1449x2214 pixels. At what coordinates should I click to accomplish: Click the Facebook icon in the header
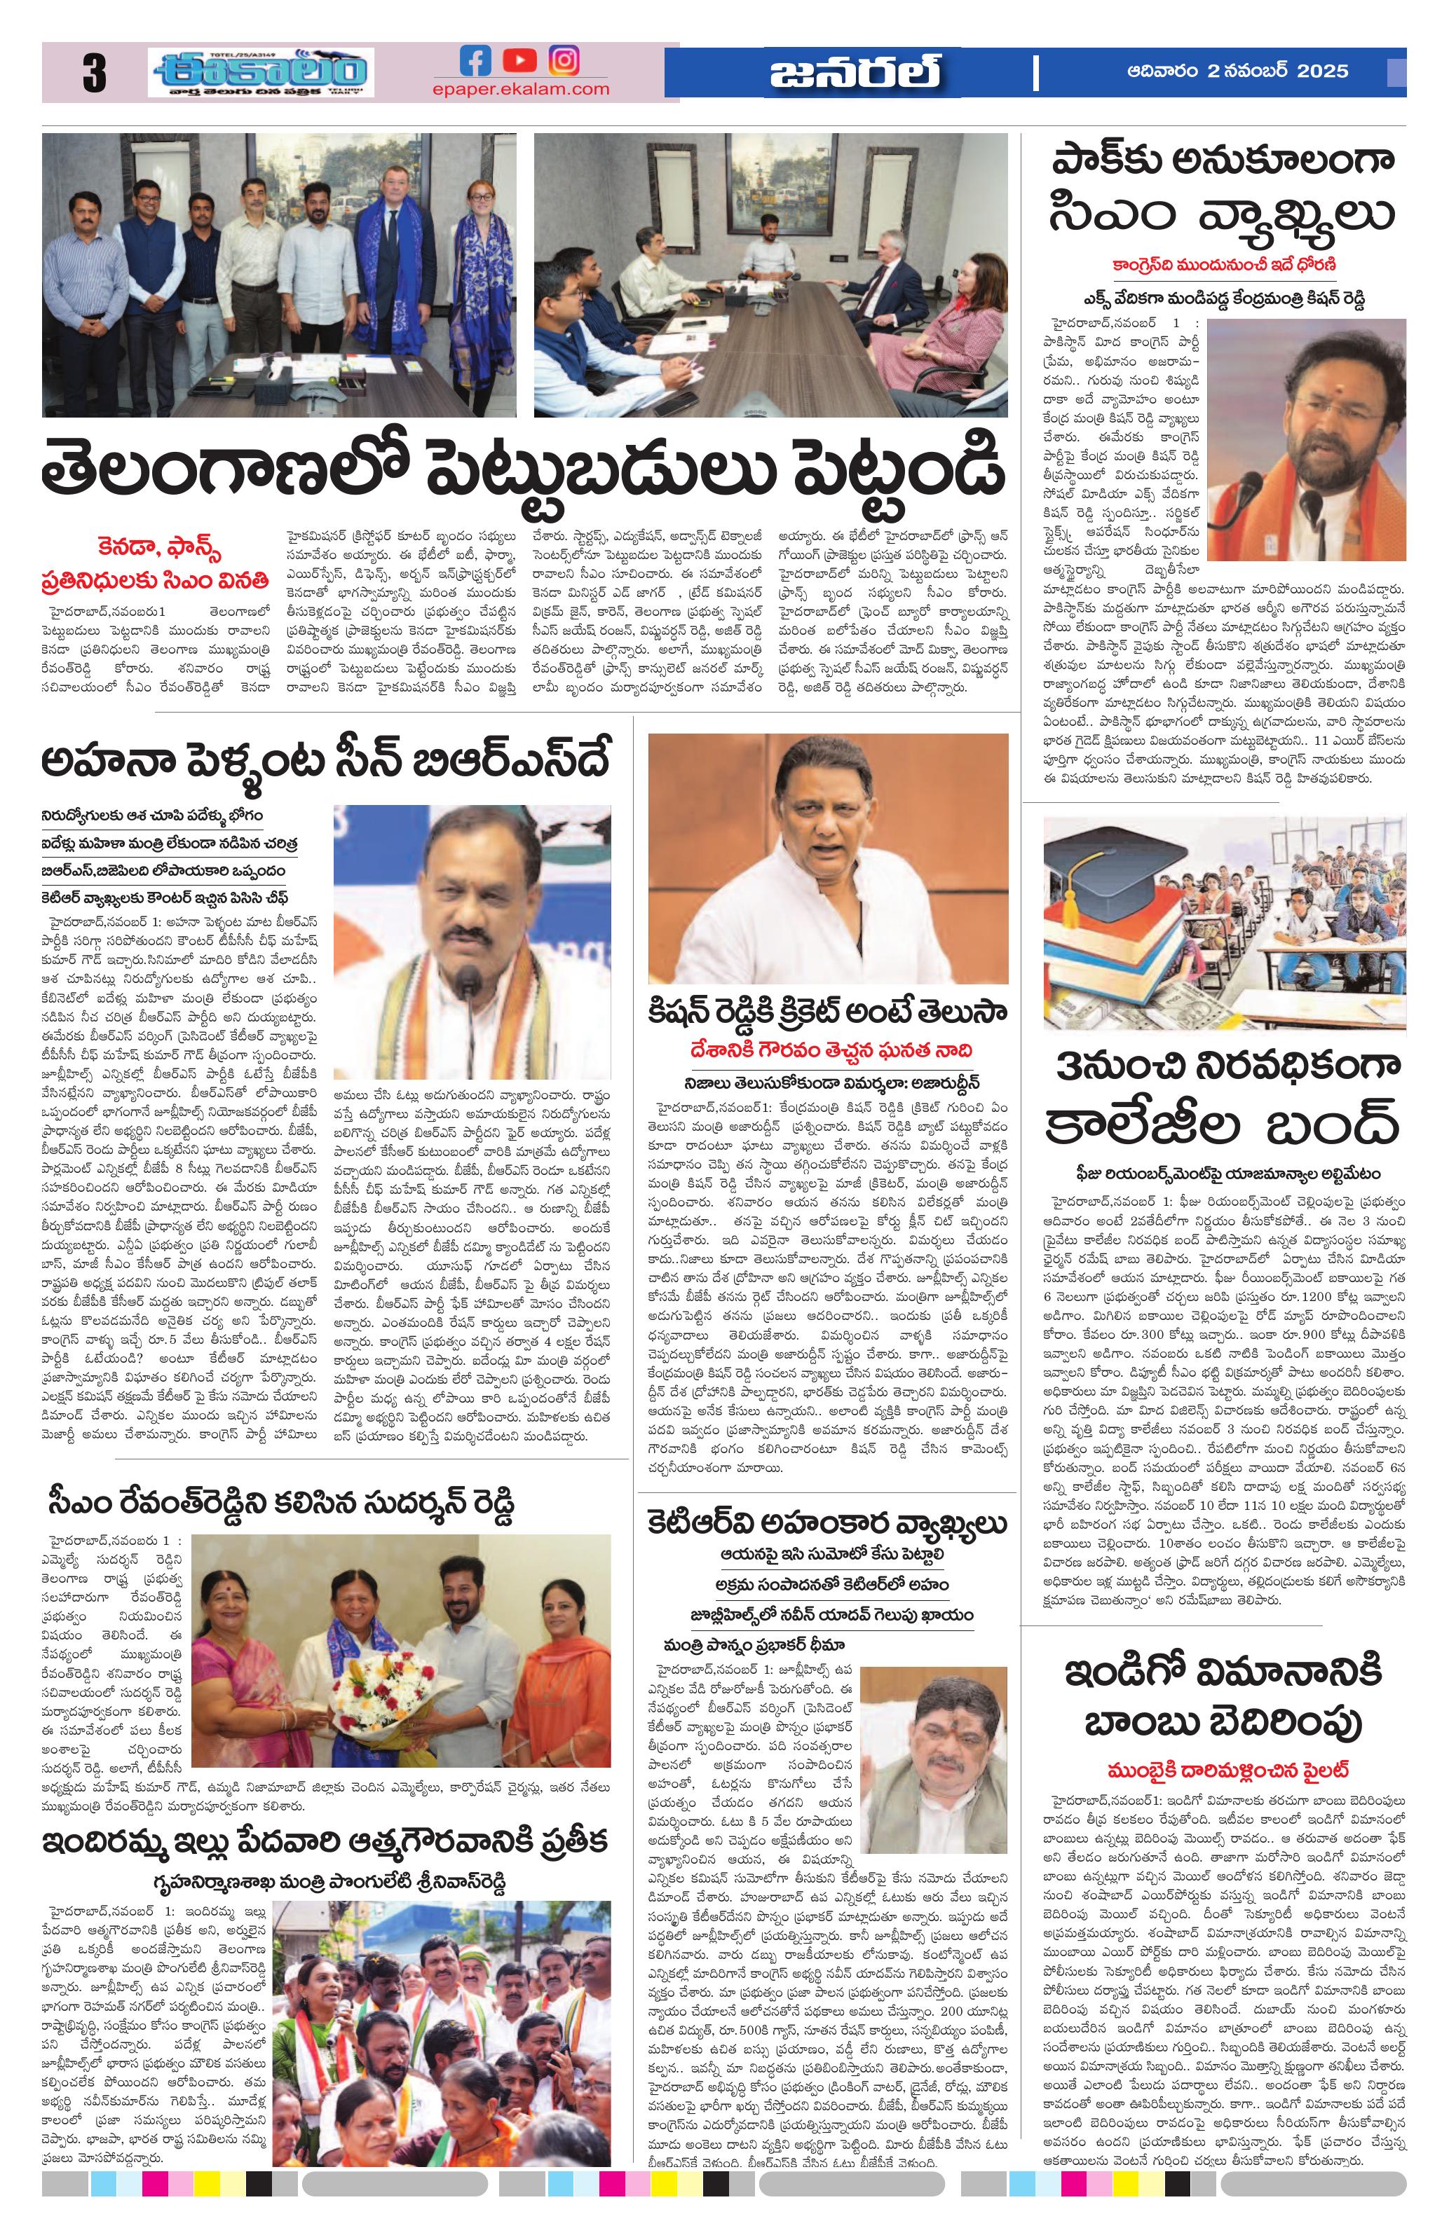click(x=475, y=62)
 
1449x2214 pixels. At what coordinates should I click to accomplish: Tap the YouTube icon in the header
click(x=519, y=62)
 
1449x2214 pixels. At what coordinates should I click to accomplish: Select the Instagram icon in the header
click(x=563, y=62)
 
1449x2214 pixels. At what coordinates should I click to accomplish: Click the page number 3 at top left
click(x=94, y=74)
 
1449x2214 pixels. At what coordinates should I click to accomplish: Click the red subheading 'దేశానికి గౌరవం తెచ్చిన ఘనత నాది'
click(x=827, y=1050)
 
